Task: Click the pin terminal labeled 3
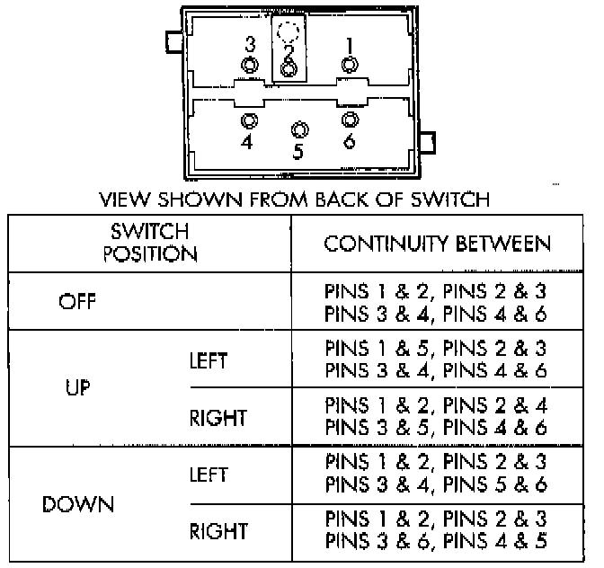point(249,65)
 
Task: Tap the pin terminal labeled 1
point(349,64)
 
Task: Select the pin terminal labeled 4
point(249,120)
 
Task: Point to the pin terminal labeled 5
point(298,129)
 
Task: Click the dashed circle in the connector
point(289,33)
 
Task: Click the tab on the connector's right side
point(428,142)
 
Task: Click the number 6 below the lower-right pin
point(349,141)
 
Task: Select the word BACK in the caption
point(342,199)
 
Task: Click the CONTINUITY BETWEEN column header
point(437,244)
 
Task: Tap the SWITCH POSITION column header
point(150,243)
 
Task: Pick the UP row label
point(78,390)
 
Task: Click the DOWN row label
point(78,504)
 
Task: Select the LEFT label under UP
point(209,361)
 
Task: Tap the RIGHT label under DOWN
point(218,532)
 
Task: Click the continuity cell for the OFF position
point(435,303)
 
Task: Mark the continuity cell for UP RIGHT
point(435,418)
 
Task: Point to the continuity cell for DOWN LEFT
point(435,475)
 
